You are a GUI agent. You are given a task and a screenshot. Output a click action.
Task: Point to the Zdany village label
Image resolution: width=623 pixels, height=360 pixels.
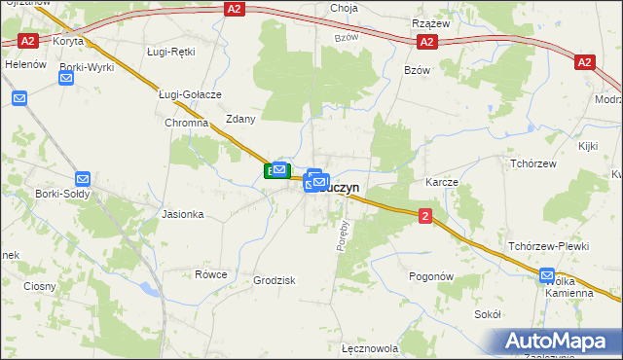click(240, 119)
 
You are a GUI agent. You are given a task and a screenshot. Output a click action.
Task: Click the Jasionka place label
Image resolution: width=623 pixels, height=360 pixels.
click(183, 214)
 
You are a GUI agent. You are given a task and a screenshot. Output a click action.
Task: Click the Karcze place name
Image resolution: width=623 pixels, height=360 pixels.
click(441, 182)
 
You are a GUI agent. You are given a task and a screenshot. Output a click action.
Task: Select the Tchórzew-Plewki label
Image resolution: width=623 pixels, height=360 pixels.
click(549, 246)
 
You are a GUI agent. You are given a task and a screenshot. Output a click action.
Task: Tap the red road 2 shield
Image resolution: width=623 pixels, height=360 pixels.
click(426, 216)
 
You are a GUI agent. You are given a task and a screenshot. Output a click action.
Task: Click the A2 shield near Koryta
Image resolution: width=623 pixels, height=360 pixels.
click(28, 41)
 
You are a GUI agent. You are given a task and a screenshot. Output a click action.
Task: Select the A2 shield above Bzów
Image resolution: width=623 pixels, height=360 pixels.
click(426, 42)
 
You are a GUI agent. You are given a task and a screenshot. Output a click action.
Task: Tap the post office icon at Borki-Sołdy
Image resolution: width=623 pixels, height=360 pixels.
click(83, 179)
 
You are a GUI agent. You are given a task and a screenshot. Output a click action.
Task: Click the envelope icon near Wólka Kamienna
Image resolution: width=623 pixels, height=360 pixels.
click(549, 275)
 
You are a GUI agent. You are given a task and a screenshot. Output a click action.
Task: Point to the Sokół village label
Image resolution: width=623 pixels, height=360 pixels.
click(487, 314)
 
